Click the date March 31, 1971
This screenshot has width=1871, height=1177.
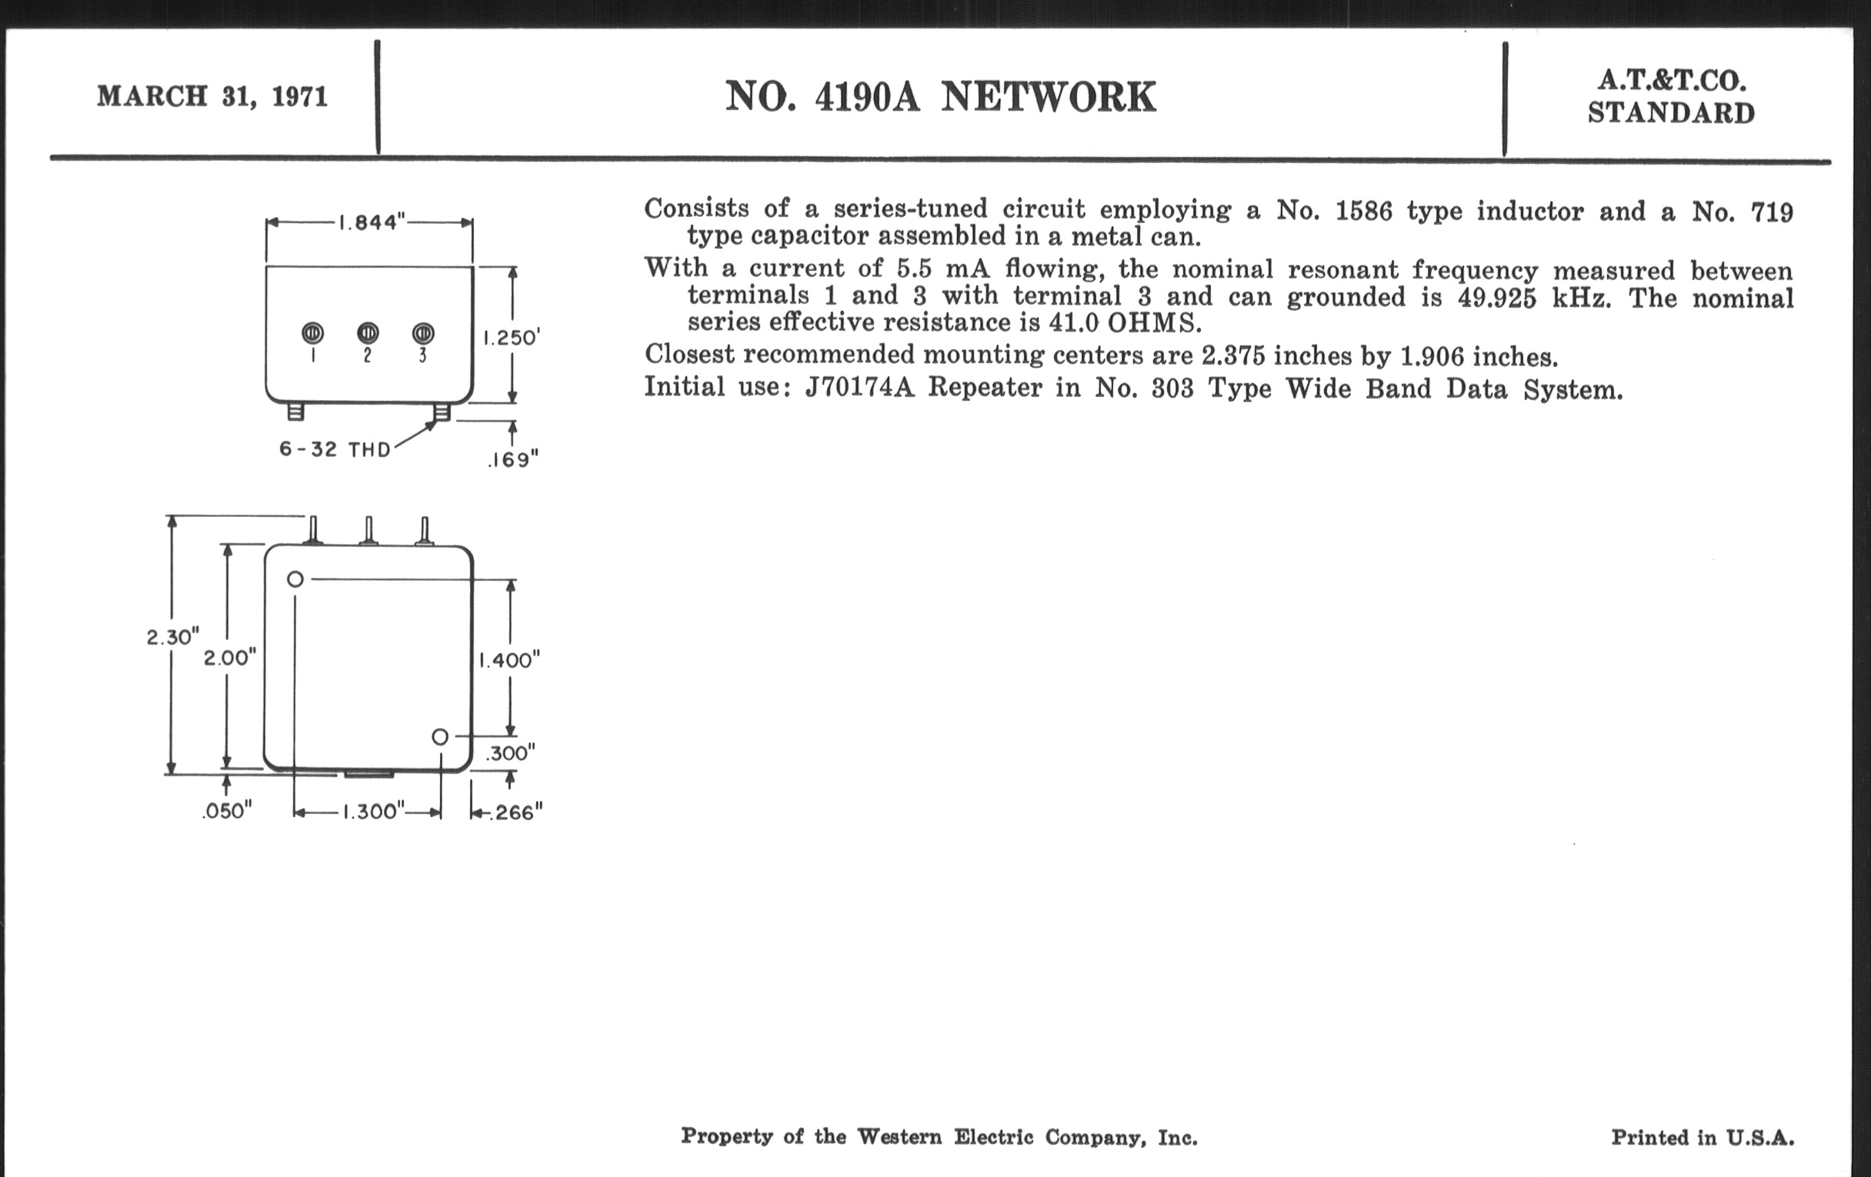(x=212, y=96)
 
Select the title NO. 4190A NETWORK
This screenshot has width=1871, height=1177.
(x=940, y=98)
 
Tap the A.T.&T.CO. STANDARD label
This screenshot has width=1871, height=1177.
(x=1670, y=97)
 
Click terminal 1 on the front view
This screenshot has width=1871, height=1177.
(x=312, y=333)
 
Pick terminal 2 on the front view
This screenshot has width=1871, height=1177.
(x=368, y=333)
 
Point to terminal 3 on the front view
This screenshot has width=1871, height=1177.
(x=422, y=333)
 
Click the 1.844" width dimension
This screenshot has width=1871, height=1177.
(x=372, y=223)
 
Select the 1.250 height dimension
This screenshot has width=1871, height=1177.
(x=511, y=338)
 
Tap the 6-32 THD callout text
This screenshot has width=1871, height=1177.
(x=335, y=450)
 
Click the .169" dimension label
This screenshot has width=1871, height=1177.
(x=513, y=460)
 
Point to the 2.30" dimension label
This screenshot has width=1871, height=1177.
(x=172, y=637)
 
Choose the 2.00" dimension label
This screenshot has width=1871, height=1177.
(x=229, y=658)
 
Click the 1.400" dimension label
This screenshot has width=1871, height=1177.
(x=509, y=660)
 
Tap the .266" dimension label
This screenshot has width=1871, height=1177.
(x=515, y=812)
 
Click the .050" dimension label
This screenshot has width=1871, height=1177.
(x=227, y=811)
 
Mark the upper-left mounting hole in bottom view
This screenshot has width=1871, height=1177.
(x=295, y=578)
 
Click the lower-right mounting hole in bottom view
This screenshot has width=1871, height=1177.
(x=440, y=736)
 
